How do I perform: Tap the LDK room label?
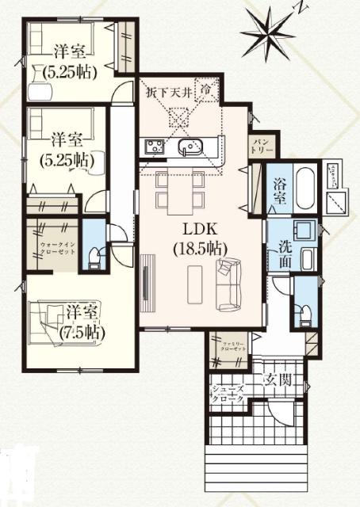(x=199, y=230)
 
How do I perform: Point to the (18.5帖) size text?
(x=199, y=246)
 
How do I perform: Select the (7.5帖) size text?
(x=82, y=333)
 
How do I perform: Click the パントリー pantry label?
(x=262, y=143)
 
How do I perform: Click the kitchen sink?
(x=190, y=147)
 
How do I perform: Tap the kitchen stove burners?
(x=152, y=146)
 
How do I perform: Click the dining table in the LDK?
(x=181, y=189)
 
